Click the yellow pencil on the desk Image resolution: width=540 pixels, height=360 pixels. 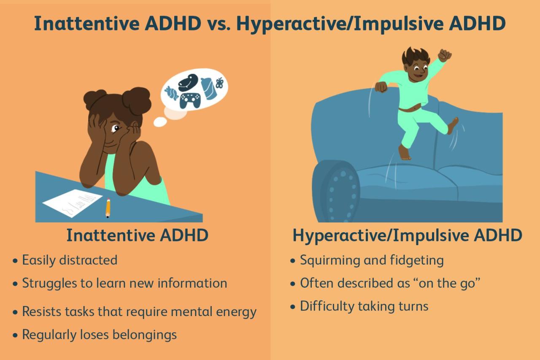pos(108,208)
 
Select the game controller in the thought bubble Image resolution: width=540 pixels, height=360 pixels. pos(190,100)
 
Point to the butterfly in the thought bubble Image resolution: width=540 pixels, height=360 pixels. pos(219,83)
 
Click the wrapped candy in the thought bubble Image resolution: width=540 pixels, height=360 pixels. pos(171,92)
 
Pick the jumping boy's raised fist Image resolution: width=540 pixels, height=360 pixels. pos(444,55)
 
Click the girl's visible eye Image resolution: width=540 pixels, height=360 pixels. pos(116,128)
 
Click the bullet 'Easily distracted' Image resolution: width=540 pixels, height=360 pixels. pos(70,260)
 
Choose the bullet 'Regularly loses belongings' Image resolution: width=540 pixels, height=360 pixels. pos(99,335)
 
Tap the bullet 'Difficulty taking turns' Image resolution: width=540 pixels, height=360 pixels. pos(364,306)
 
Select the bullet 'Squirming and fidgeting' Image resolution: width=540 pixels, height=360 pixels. pos(372,260)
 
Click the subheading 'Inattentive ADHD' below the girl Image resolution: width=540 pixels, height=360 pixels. pos(137,235)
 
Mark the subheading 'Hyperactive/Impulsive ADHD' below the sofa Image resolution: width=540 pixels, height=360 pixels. pos(407,235)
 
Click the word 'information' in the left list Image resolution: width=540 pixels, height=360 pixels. pos(192,283)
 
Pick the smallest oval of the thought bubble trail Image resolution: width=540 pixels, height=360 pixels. pos(160,122)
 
